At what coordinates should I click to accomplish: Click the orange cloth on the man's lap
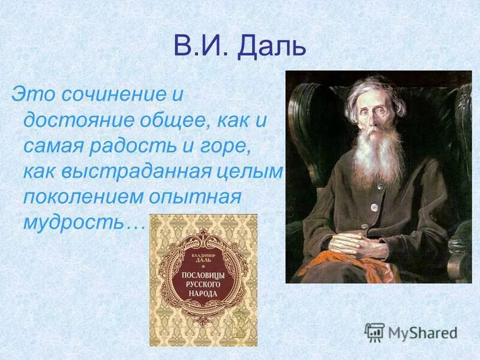(348, 264)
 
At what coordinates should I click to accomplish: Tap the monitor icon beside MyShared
(374, 332)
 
